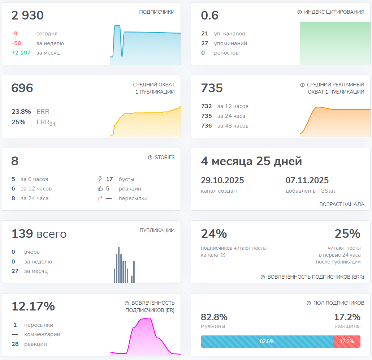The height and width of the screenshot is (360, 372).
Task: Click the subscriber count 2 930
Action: (27, 16)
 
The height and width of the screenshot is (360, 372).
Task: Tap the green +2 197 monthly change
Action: (21, 53)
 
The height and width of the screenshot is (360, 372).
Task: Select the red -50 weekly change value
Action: (16, 43)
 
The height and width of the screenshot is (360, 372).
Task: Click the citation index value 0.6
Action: (210, 16)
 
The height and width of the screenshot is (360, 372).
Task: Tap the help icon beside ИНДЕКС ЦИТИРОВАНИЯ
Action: (299, 12)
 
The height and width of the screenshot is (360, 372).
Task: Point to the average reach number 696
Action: (22, 88)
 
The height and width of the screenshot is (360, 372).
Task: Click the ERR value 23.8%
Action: (21, 112)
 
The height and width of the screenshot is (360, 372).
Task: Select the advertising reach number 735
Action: (212, 88)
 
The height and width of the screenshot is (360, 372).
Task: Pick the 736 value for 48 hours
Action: (207, 126)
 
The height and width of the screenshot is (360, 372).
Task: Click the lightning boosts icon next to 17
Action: (100, 179)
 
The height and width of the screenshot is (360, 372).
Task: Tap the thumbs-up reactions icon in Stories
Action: (100, 189)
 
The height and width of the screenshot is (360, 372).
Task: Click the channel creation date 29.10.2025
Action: (222, 180)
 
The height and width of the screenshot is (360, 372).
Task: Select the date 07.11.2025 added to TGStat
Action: (307, 180)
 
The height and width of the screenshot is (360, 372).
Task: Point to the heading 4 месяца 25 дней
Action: (251, 161)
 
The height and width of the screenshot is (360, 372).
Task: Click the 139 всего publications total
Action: (39, 234)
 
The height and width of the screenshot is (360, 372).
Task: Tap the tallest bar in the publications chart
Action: (119, 265)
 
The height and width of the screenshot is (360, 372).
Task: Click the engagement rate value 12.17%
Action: (33, 307)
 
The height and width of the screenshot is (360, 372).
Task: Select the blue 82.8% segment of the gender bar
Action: (267, 341)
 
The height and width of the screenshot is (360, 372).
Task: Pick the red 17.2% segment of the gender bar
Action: (347, 341)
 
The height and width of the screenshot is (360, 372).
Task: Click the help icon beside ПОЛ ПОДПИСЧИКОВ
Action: (309, 303)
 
